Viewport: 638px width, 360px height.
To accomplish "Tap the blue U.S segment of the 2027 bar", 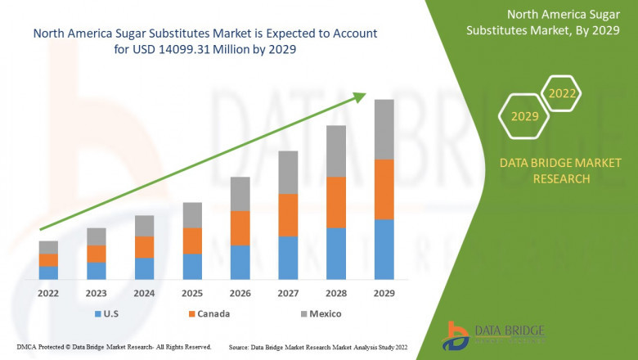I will [288, 258].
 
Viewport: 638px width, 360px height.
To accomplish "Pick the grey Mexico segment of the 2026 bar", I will [240, 194].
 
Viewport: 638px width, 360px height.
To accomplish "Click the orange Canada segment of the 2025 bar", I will [192, 241].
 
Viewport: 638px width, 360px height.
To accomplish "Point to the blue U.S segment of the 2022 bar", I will [48, 272].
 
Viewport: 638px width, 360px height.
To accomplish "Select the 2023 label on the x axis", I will [97, 293].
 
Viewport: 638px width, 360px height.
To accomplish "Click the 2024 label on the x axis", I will [144, 293].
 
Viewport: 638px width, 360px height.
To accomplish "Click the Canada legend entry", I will [209, 313].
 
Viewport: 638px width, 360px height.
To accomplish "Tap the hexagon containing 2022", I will [562, 94].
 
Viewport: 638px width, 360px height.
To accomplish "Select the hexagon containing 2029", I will [524, 117].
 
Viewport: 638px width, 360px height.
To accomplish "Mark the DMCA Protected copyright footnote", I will [115, 347].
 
